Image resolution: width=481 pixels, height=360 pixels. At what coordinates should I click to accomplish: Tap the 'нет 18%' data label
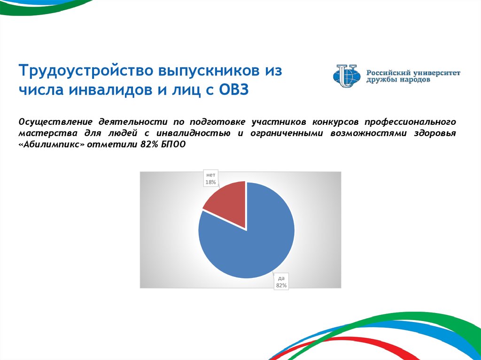pyautogui.click(x=211, y=178)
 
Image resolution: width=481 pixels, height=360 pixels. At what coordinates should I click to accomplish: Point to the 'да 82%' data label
pyautogui.click(x=281, y=282)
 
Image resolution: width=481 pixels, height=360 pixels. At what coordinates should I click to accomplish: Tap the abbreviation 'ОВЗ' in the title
pyautogui.click(x=234, y=91)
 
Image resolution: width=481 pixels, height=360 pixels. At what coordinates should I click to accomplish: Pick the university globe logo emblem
pyautogui.click(x=347, y=76)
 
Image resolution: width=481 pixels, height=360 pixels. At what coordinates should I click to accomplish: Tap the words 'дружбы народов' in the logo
pyautogui.click(x=398, y=80)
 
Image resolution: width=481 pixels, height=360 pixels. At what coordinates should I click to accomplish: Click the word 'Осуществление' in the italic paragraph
pyautogui.click(x=55, y=122)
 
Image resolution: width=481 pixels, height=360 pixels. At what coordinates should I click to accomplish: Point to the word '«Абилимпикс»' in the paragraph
pyautogui.click(x=51, y=145)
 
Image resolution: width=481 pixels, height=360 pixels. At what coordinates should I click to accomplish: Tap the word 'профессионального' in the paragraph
pyautogui.click(x=410, y=122)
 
